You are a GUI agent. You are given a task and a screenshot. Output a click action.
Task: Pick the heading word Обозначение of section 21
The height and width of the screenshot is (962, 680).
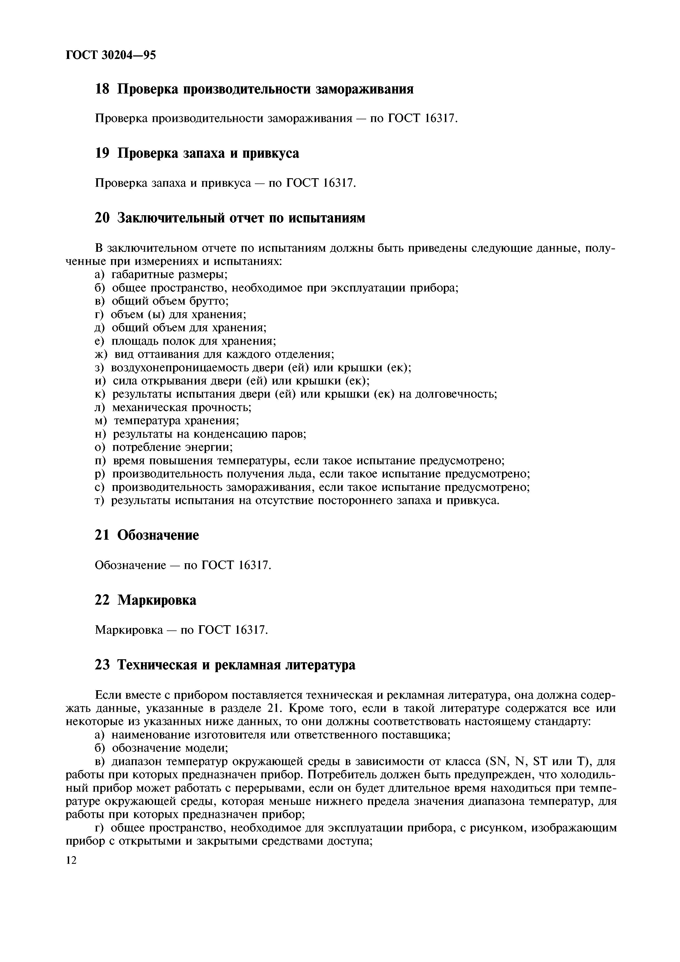click(158, 535)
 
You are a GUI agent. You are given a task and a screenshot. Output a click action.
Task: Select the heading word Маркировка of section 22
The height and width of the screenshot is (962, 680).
click(157, 600)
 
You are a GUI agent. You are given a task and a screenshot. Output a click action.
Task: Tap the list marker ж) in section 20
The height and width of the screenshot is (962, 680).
click(101, 355)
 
